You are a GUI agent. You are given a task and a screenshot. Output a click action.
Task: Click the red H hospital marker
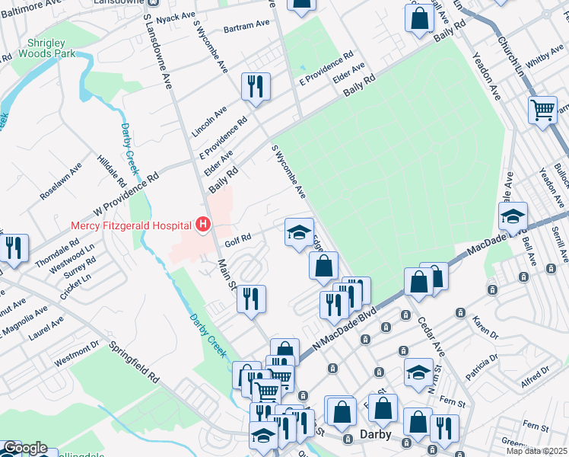click(x=203, y=224)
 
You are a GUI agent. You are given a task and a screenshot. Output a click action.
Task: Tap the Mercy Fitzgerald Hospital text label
click(x=132, y=225)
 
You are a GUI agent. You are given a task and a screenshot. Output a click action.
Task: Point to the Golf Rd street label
click(x=238, y=243)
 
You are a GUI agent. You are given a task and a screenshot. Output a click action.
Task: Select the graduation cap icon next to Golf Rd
click(x=299, y=232)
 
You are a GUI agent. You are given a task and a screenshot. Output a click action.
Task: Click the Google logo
click(x=25, y=448)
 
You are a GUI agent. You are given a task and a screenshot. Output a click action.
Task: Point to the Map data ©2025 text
click(x=537, y=451)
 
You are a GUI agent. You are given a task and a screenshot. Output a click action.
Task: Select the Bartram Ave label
click(x=246, y=25)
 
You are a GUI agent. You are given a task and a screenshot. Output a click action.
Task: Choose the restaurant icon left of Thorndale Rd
click(x=13, y=249)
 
